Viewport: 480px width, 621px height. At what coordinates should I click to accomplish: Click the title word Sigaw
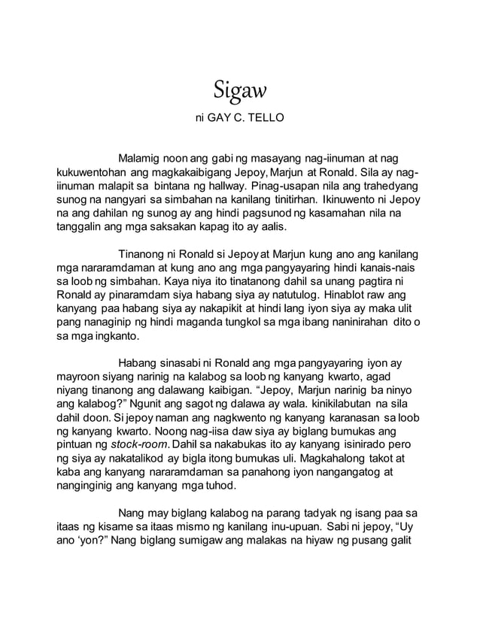pyautogui.click(x=240, y=92)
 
